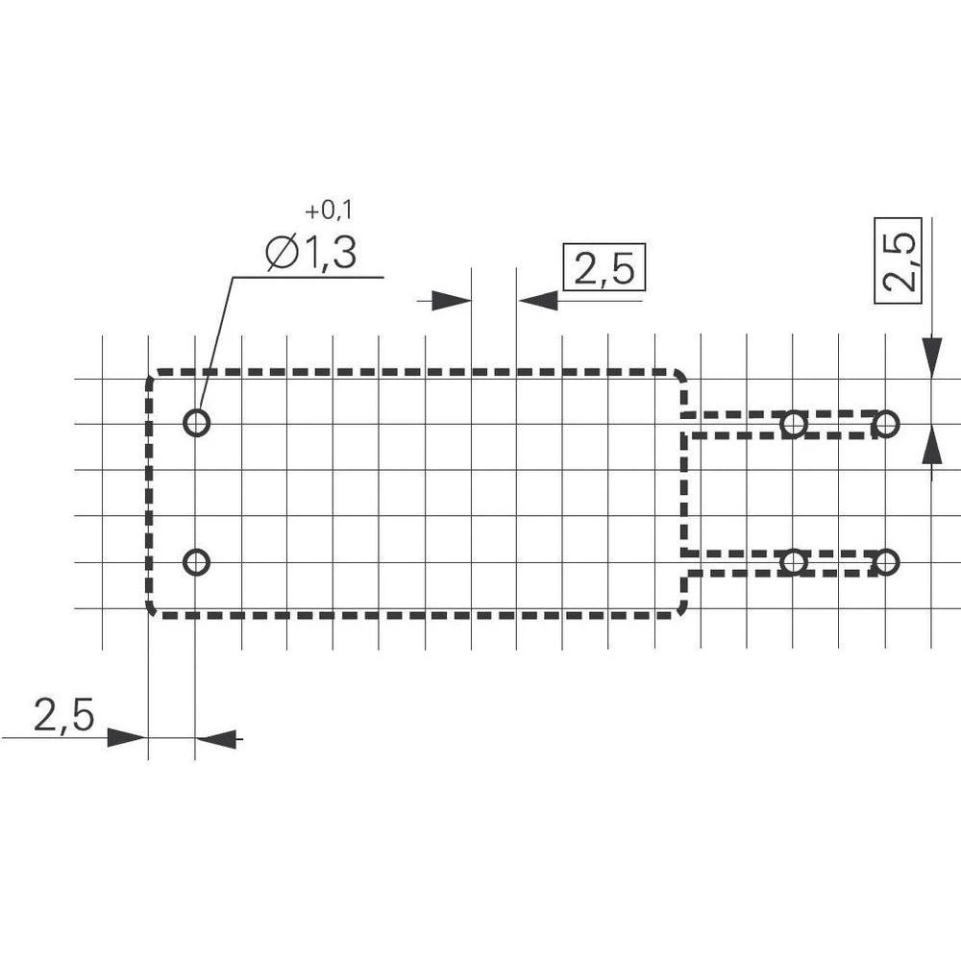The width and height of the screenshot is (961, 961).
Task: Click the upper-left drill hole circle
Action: click(196, 423)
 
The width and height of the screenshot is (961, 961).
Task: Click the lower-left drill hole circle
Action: click(196, 562)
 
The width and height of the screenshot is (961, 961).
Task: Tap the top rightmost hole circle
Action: click(886, 423)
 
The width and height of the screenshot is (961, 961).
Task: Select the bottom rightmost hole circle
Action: click(886, 562)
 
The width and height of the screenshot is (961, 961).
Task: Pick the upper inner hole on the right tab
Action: click(794, 423)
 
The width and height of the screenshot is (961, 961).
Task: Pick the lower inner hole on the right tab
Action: click(794, 562)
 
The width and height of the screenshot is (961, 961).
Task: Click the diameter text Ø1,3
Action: click(310, 254)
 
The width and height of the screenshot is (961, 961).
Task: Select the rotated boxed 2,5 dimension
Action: click(898, 260)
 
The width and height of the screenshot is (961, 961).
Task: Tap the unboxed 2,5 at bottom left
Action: click(63, 716)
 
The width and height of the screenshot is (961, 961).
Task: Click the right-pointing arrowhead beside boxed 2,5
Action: click(451, 301)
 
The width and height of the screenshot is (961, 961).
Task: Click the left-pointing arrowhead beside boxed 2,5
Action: click(539, 301)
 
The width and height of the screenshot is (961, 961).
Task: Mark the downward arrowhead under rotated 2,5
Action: click(931, 356)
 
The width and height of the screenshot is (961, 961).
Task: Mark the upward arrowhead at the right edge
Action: click(931, 445)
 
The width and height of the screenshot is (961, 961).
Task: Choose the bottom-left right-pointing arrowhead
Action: click(125, 738)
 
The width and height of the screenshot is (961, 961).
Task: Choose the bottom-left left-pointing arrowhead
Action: click(218, 738)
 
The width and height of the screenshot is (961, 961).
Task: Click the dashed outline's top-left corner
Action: click(152, 376)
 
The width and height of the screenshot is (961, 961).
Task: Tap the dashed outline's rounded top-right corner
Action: click(680, 376)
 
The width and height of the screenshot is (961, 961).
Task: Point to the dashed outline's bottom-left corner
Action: click(152, 610)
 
